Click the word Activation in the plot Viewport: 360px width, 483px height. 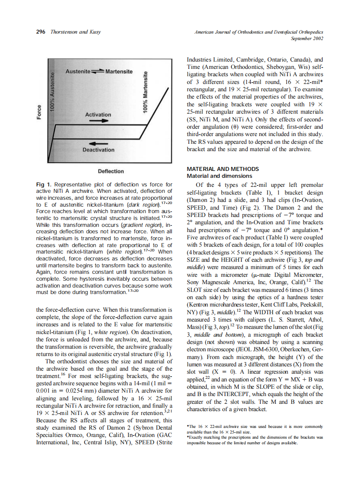click(98, 115)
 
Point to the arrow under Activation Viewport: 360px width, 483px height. click(99, 121)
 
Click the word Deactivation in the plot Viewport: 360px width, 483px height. click(99, 150)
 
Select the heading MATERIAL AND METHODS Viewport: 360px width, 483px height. click(223, 169)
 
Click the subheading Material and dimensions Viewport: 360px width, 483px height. click(219, 176)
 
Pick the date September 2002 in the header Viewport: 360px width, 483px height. click(307, 38)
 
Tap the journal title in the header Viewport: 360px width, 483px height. click(259, 32)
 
